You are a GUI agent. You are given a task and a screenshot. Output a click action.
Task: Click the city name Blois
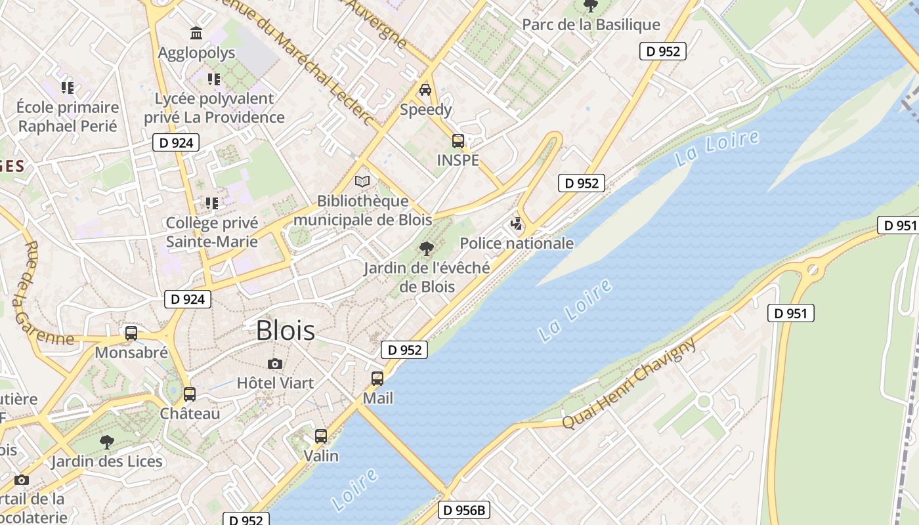coord(285,330)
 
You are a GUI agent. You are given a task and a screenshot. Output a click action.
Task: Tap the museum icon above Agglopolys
coord(196,33)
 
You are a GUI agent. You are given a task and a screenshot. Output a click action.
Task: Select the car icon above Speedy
coord(425,90)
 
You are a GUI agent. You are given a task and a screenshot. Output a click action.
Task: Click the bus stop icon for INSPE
coord(458,140)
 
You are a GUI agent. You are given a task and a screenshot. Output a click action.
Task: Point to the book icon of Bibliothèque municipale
coord(362,181)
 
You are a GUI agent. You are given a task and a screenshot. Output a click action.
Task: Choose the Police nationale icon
coord(517,224)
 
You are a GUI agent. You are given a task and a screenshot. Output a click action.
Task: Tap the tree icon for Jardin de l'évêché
coord(426,248)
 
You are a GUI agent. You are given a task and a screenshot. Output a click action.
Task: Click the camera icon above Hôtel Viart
coord(275,364)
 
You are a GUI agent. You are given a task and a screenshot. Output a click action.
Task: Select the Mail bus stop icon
coord(377,379)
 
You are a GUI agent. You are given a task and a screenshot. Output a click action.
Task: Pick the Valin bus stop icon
coord(321,436)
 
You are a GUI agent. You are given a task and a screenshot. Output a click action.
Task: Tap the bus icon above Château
coord(190,394)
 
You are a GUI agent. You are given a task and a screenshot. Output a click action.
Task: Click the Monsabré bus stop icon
coord(131,333)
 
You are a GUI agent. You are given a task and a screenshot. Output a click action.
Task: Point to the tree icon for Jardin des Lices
coord(107,442)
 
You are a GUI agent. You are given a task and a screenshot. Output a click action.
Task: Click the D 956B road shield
coord(464,510)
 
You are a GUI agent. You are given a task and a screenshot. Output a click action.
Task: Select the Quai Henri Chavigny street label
coord(628,385)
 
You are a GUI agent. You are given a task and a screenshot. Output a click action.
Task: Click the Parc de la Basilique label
coord(591,25)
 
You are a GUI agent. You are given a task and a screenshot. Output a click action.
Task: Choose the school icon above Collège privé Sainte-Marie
coord(211,203)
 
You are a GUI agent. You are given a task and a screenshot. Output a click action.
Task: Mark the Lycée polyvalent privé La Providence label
coord(214,108)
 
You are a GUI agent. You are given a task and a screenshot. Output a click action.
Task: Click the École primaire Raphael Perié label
coord(68,116)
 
